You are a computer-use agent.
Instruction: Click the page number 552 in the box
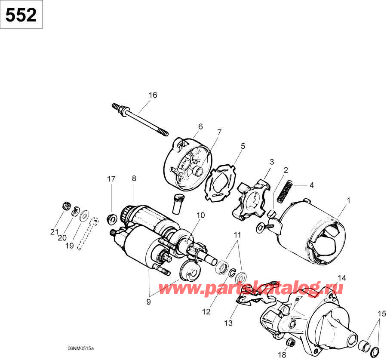[21, 15]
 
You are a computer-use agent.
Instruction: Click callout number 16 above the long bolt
[153, 95]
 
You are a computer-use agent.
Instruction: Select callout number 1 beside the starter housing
[349, 200]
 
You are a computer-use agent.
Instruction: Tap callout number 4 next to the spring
[311, 186]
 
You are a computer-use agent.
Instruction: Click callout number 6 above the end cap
[200, 126]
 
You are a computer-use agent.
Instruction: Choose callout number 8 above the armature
[134, 178]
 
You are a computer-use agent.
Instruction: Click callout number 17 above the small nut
[111, 178]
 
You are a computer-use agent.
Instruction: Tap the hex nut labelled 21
[67, 206]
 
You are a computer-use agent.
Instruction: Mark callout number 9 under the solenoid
[148, 302]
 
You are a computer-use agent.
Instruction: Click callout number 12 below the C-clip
[206, 312]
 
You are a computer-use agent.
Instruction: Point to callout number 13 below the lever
[227, 323]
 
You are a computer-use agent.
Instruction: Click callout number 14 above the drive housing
[341, 277]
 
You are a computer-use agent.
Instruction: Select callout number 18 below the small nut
[282, 355]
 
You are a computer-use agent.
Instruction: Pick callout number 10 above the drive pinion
[201, 215]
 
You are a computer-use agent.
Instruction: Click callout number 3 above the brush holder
[272, 162]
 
